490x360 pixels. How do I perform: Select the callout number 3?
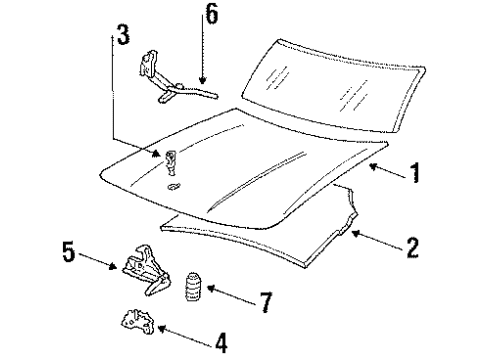click(121, 37)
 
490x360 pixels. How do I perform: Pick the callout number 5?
click(69, 251)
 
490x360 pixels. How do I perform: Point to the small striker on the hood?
click(171, 166)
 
